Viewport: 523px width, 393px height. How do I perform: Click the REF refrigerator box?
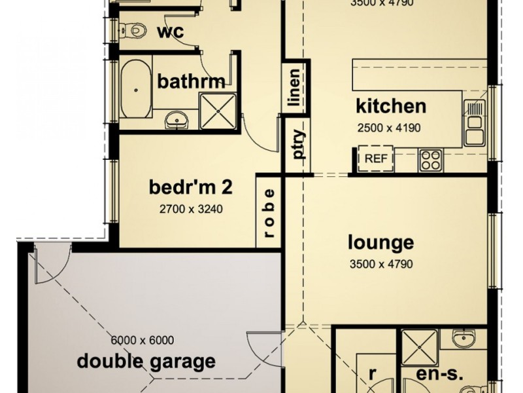click(375, 158)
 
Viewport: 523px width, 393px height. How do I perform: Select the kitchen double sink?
click(474, 122)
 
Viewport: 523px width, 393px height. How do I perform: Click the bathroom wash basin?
click(175, 119)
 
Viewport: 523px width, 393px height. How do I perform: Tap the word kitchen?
click(391, 105)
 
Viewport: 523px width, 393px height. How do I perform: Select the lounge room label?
click(380, 243)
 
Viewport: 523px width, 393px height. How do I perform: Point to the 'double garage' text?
click(146, 360)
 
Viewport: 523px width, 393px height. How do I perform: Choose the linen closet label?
click(294, 88)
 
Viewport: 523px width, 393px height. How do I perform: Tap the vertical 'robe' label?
click(269, 211)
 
